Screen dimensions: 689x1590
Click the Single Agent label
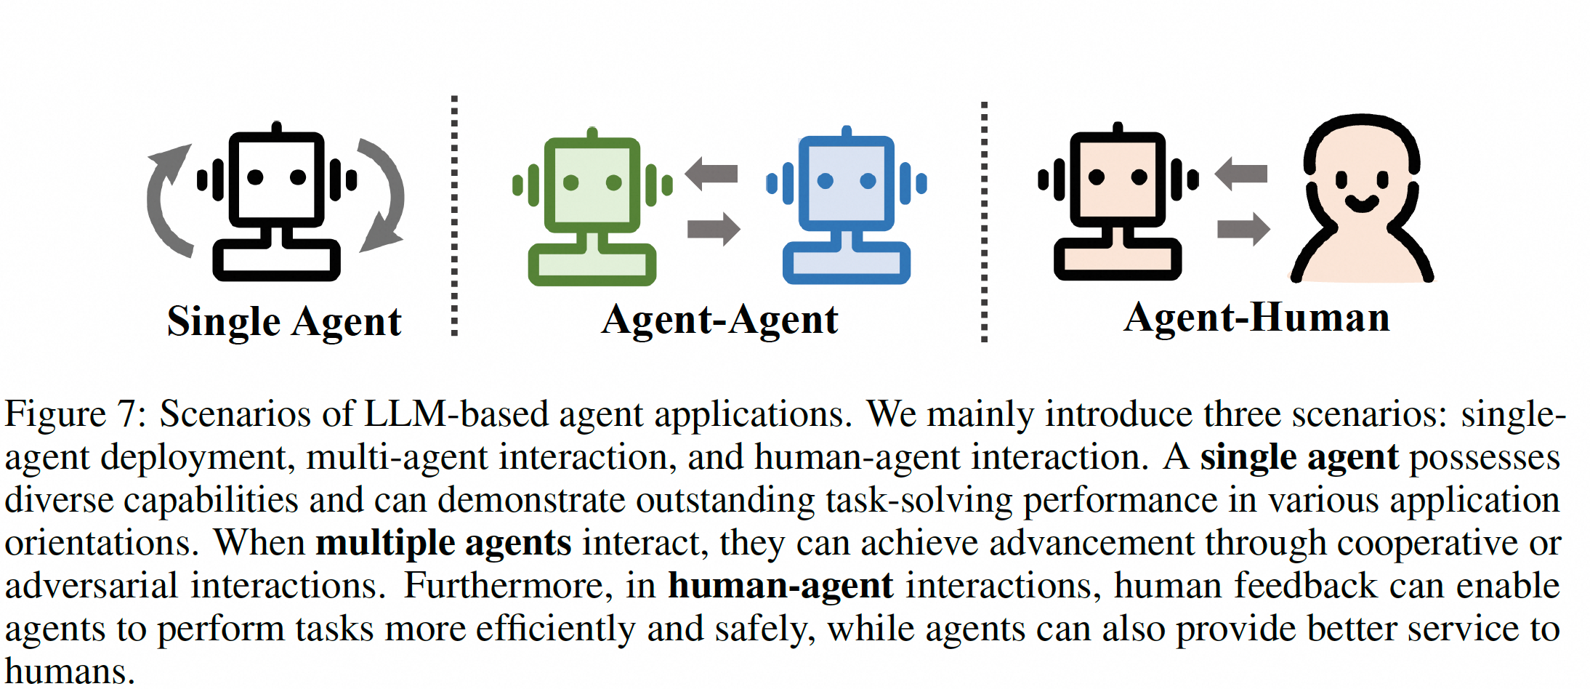tap(284, 322)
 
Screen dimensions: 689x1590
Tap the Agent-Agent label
tap(719, 320)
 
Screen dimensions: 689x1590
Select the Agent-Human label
tap(1256, 318)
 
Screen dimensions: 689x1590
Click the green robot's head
tap(592, 185)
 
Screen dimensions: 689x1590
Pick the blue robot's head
tap(847, 183)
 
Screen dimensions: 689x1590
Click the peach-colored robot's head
tap(1118, 179)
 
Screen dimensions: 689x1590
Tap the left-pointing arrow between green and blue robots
tap(711, 173)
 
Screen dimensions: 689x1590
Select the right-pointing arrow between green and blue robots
tap(714, 229)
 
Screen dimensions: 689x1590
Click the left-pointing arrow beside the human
tap(1241, 173)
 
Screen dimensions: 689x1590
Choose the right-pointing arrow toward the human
tap(1243, 229)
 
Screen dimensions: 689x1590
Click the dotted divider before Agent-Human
tap(984, 221)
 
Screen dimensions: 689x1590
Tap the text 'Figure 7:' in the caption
tap(76, 414)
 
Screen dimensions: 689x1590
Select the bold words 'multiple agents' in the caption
tap(443, 543)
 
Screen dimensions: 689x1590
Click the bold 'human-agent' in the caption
tap(780, 586)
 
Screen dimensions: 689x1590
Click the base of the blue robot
tap(847, 263)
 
